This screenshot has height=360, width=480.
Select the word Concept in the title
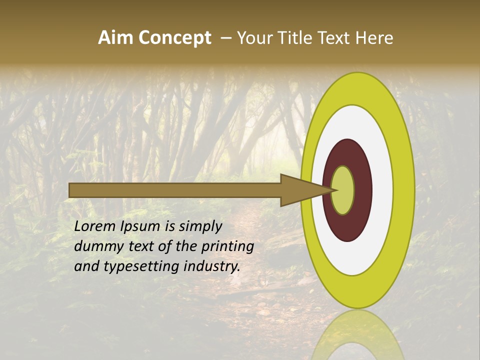[174, 38]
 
